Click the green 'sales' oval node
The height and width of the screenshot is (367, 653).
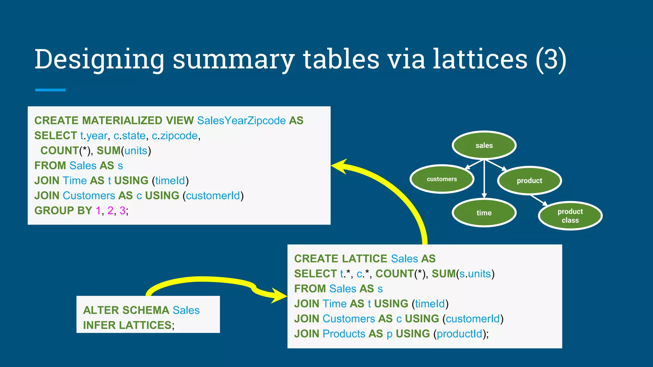(x=484, y=145)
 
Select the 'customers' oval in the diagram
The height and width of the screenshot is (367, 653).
(x=442, y=179)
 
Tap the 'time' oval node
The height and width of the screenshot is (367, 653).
(x=484, y=212)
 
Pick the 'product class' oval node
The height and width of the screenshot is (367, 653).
(x=570, y=216)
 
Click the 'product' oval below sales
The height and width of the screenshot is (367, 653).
(x=529, y=181)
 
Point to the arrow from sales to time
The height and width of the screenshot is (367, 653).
(x=484, y=178)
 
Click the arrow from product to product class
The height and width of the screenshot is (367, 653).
(x=539, y=200)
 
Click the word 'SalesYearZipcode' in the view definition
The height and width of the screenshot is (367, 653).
(x=241, y=120)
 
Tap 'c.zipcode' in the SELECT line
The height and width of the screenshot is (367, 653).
(x=175, y=135)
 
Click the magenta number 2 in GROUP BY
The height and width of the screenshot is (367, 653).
(x=110, y=210)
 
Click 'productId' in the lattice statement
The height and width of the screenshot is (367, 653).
(x=459, y=334)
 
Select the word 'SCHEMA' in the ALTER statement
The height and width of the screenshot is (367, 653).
(x=146, y=310)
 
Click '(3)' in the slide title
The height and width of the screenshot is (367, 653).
(x=551, y=59)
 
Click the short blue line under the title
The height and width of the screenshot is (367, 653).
(x=50, y=90)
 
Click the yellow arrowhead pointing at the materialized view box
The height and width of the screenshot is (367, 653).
(x=340, y=166)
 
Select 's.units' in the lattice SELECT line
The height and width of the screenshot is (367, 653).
(x=475, y=274)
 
